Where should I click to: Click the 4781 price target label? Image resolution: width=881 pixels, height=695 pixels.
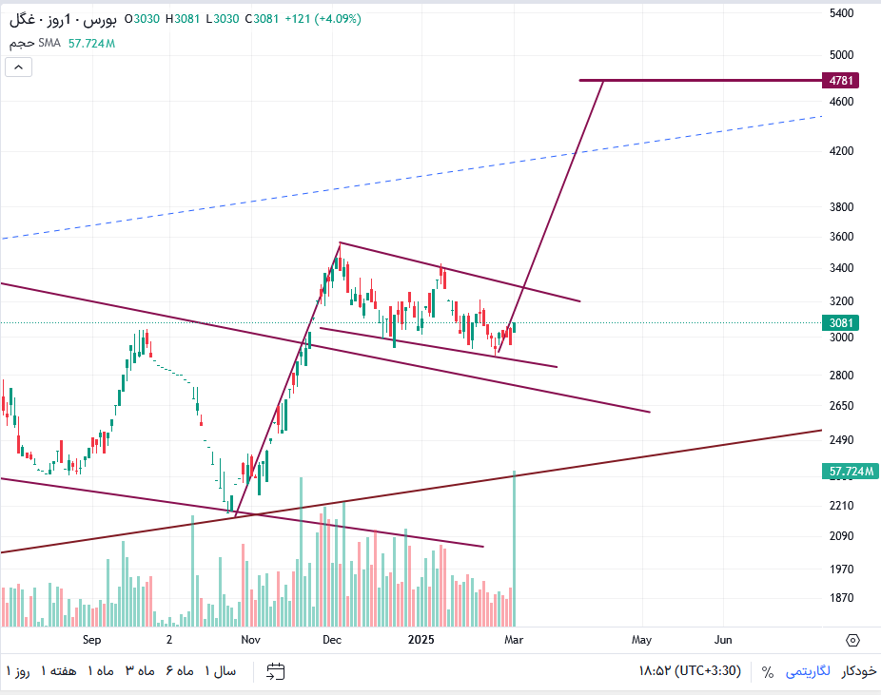pyautogui.click(x=840, y=80)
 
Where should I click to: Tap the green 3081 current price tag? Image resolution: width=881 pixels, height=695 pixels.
pyautogui.click(x=840, y=323)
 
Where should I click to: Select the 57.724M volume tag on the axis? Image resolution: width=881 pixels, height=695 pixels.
pyautogui.click(x=851, y=471)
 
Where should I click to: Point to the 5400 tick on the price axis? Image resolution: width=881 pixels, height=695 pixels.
pyautogui.click(x=841, y=13)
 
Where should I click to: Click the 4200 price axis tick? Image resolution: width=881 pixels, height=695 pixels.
pyautogui.click(x=841, y=151)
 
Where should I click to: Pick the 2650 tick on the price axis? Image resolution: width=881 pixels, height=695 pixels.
pyautogui.click(x=841, y=405)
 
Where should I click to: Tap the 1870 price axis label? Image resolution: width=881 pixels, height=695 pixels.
pyautogui.click(x=841, y=598)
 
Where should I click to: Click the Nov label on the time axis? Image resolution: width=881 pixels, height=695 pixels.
pyautogui.click(x=250, y=640)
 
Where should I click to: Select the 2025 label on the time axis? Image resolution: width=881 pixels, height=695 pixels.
pyautogui.click(x=421, y=640)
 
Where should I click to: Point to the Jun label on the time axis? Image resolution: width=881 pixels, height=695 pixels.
pyautogui.click(x=723, y=640)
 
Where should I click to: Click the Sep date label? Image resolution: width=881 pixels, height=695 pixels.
pyautogui.click(x=91, y=640)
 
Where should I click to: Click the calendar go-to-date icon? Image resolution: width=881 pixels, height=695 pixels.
pyautogui.click(x=275, y=671)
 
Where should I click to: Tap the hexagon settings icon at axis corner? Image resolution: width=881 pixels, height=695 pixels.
pyautogui.click(x=852, y=641)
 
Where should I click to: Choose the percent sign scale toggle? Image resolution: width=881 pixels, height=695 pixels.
pyautogui.click(x=768, y=671)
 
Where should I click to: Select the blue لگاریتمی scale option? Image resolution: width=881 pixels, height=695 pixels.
pyautogui.click(x=808, y=671)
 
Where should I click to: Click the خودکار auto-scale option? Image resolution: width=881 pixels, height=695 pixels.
pyautogui.click(x=858, y=671)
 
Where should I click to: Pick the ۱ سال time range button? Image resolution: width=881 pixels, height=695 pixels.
pyautogui.click(x=221, y=671)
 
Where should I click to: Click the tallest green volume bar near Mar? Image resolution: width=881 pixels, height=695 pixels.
pyautogui.click(x=514, y=549)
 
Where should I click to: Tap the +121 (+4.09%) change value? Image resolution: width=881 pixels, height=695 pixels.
pyautogui.click(x=323, y=19)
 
